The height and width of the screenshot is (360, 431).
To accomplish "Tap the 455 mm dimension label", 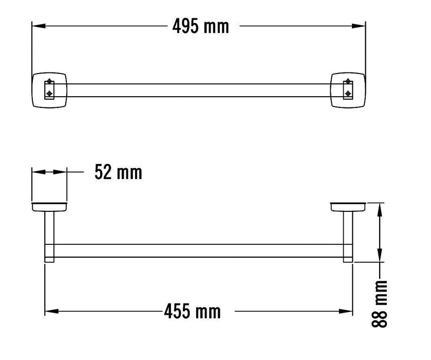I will pos(192,311).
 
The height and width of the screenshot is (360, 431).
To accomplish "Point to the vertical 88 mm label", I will pos(380,304).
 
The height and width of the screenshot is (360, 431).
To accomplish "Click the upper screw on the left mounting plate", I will pos(49,81).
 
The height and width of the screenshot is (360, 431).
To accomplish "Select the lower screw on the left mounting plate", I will pos(49,93).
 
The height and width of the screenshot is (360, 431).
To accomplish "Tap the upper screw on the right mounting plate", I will pos(348,81).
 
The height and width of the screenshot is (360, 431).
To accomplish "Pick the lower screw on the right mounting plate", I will pos(348,93).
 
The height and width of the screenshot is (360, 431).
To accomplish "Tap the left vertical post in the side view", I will pos(49,237).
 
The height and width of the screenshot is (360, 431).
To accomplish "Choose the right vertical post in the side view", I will pos(348,237).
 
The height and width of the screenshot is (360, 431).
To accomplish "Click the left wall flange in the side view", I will pos(49,207).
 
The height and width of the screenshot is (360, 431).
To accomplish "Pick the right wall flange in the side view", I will pos(348,207).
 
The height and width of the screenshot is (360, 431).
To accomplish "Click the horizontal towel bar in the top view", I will pos(198,90).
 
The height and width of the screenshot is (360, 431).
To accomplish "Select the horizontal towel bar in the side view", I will pos(198,250).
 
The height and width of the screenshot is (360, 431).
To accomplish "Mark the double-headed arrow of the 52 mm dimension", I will pos(49,173).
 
